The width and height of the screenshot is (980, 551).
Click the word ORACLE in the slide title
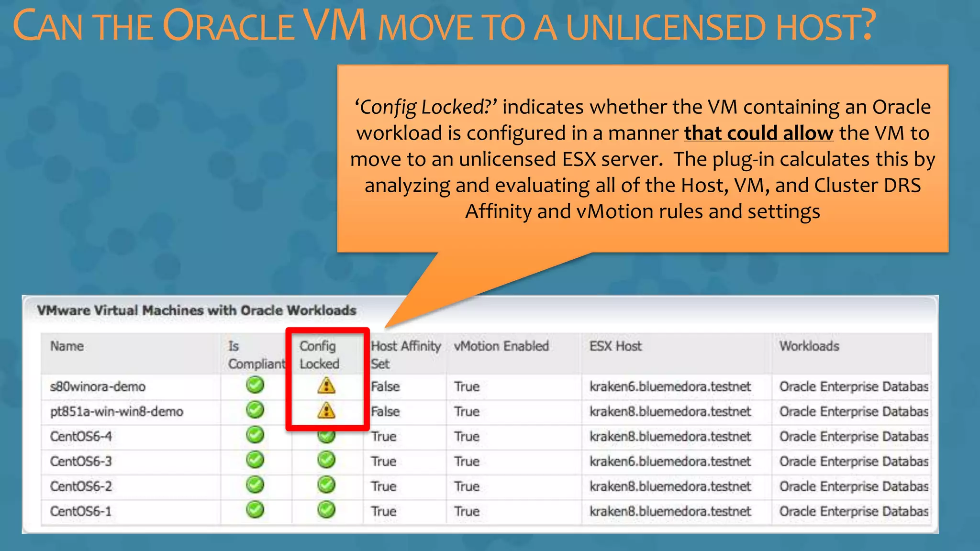(x=228, y=26)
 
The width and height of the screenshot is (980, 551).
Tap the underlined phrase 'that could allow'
(x=758, y=133)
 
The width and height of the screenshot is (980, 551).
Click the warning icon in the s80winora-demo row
(x=326, y=386)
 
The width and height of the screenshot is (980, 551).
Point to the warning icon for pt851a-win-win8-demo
(x=326, y=410)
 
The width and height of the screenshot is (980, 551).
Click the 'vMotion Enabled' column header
(x=501, y=346)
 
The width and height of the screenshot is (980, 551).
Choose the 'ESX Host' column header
(x=615, y=346)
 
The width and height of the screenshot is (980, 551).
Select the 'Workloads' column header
(x=809, y=346)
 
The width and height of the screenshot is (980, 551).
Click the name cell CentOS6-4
(x=81, y=436)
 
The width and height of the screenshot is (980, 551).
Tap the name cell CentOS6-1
(x=81, y=511)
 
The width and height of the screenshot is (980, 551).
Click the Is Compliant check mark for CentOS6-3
(x=255, y=460)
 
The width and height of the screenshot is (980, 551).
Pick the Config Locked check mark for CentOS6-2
(x=326, y=485)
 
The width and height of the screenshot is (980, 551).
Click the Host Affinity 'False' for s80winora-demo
(x=385, y=386)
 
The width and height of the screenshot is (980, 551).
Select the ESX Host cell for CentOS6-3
(x=670, y=461)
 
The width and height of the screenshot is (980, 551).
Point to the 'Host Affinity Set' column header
(x=405, y=354)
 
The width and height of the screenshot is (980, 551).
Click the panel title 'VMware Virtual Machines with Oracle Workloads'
(x=197, y=310)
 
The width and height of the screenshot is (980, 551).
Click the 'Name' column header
(x=67, y=346)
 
